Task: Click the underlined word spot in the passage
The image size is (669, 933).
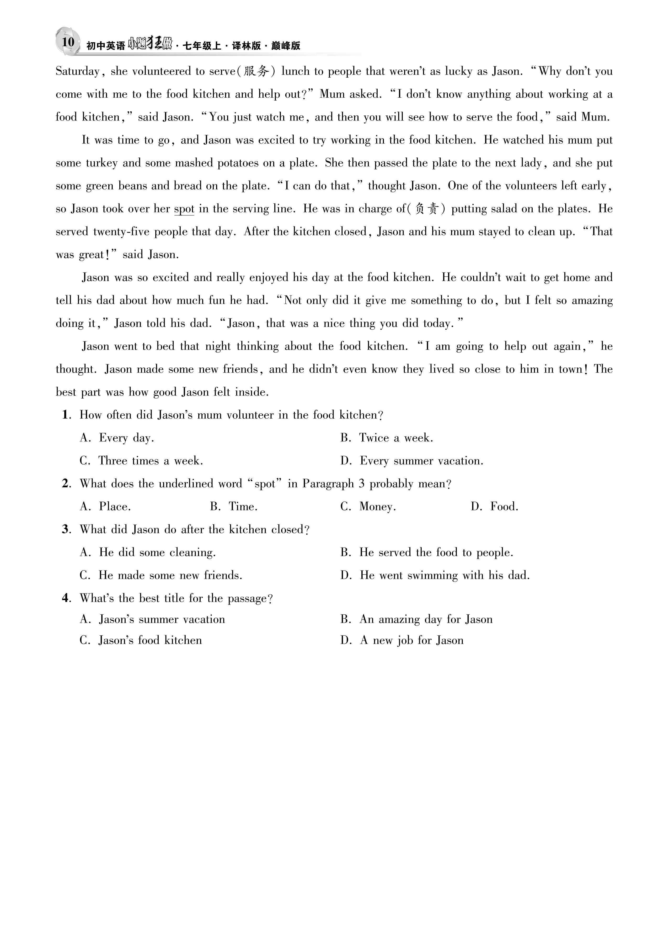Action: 184,209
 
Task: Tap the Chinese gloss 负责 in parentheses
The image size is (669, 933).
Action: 428,209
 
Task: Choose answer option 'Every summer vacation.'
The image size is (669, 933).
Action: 421,461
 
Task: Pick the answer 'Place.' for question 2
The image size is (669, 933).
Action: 115,507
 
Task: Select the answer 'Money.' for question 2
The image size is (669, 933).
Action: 377,507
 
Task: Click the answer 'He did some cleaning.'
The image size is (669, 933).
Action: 157,552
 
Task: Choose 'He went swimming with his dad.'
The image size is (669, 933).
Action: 445,575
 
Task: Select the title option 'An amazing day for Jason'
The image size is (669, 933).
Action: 426,619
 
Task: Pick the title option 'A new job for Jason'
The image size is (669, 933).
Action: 411,640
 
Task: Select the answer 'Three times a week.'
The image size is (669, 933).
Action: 151,461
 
